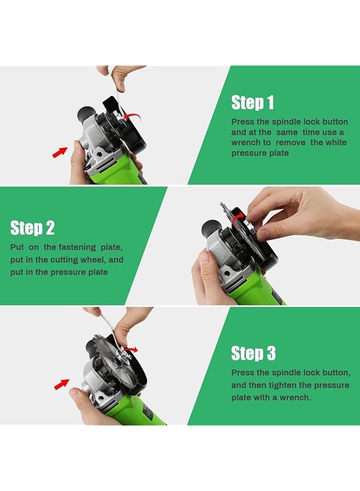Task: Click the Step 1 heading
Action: tap(253, 103)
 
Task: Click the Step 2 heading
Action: tap(32, 227)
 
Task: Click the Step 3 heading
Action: tap(253, 353)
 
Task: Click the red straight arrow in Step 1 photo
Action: tap(60, 151)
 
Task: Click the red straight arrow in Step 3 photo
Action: tap(62, 385)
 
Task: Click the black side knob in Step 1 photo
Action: tap(86, 115)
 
